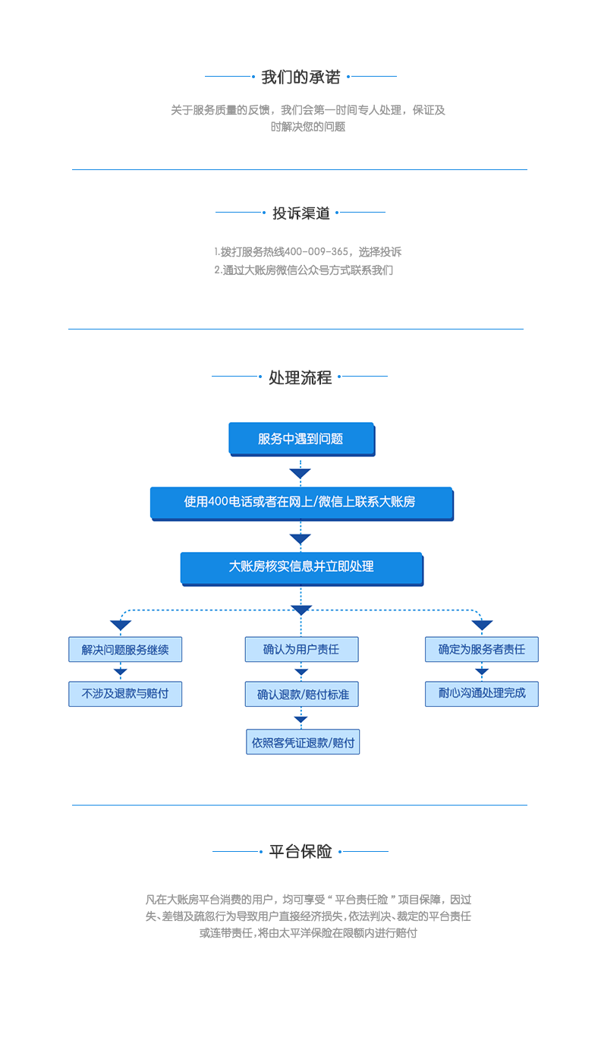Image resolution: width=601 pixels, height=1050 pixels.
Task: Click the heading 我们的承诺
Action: click(x=300, y=77)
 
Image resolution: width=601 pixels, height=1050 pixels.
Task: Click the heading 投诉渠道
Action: click(x=301, y=213)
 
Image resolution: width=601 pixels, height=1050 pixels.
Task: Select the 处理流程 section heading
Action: click(x=300, y=377)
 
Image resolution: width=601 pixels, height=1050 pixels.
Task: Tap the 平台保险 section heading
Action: click(x=300, y=852)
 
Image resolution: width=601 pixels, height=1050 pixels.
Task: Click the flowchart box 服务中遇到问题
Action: click(x=300, y=438)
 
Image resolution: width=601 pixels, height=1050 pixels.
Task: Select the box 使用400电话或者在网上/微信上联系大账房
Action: click(x=300, y=502)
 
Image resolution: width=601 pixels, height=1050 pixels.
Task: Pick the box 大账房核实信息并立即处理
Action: click(x=300, y=566)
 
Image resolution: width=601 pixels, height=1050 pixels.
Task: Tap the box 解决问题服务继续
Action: click(x=125, y=649)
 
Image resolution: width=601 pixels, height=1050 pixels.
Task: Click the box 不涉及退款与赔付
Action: click(x=125, y=693)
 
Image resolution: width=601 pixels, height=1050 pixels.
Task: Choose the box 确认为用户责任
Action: click(x=301, y=649)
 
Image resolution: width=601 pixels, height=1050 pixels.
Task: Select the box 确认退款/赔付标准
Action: click(x=302, y=694)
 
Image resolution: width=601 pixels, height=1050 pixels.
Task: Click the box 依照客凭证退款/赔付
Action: click(x=303, y=742)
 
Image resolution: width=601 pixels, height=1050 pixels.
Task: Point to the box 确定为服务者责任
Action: click(x=481, y=649)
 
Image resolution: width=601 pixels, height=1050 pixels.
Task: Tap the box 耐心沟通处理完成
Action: click(x=481, y=693)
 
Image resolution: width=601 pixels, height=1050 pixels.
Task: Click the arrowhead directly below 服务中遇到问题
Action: click(x=300, y=474)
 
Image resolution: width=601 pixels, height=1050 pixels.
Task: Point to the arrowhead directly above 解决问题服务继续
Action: click(x=121, y=626)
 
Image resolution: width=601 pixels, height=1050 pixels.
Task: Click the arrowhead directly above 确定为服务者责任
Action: click(x=482, y=626)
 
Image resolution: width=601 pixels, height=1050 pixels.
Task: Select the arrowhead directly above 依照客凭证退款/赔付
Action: click(x=301, y=719)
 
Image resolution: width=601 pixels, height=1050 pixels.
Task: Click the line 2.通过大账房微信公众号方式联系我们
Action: click(x=304, y=270)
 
